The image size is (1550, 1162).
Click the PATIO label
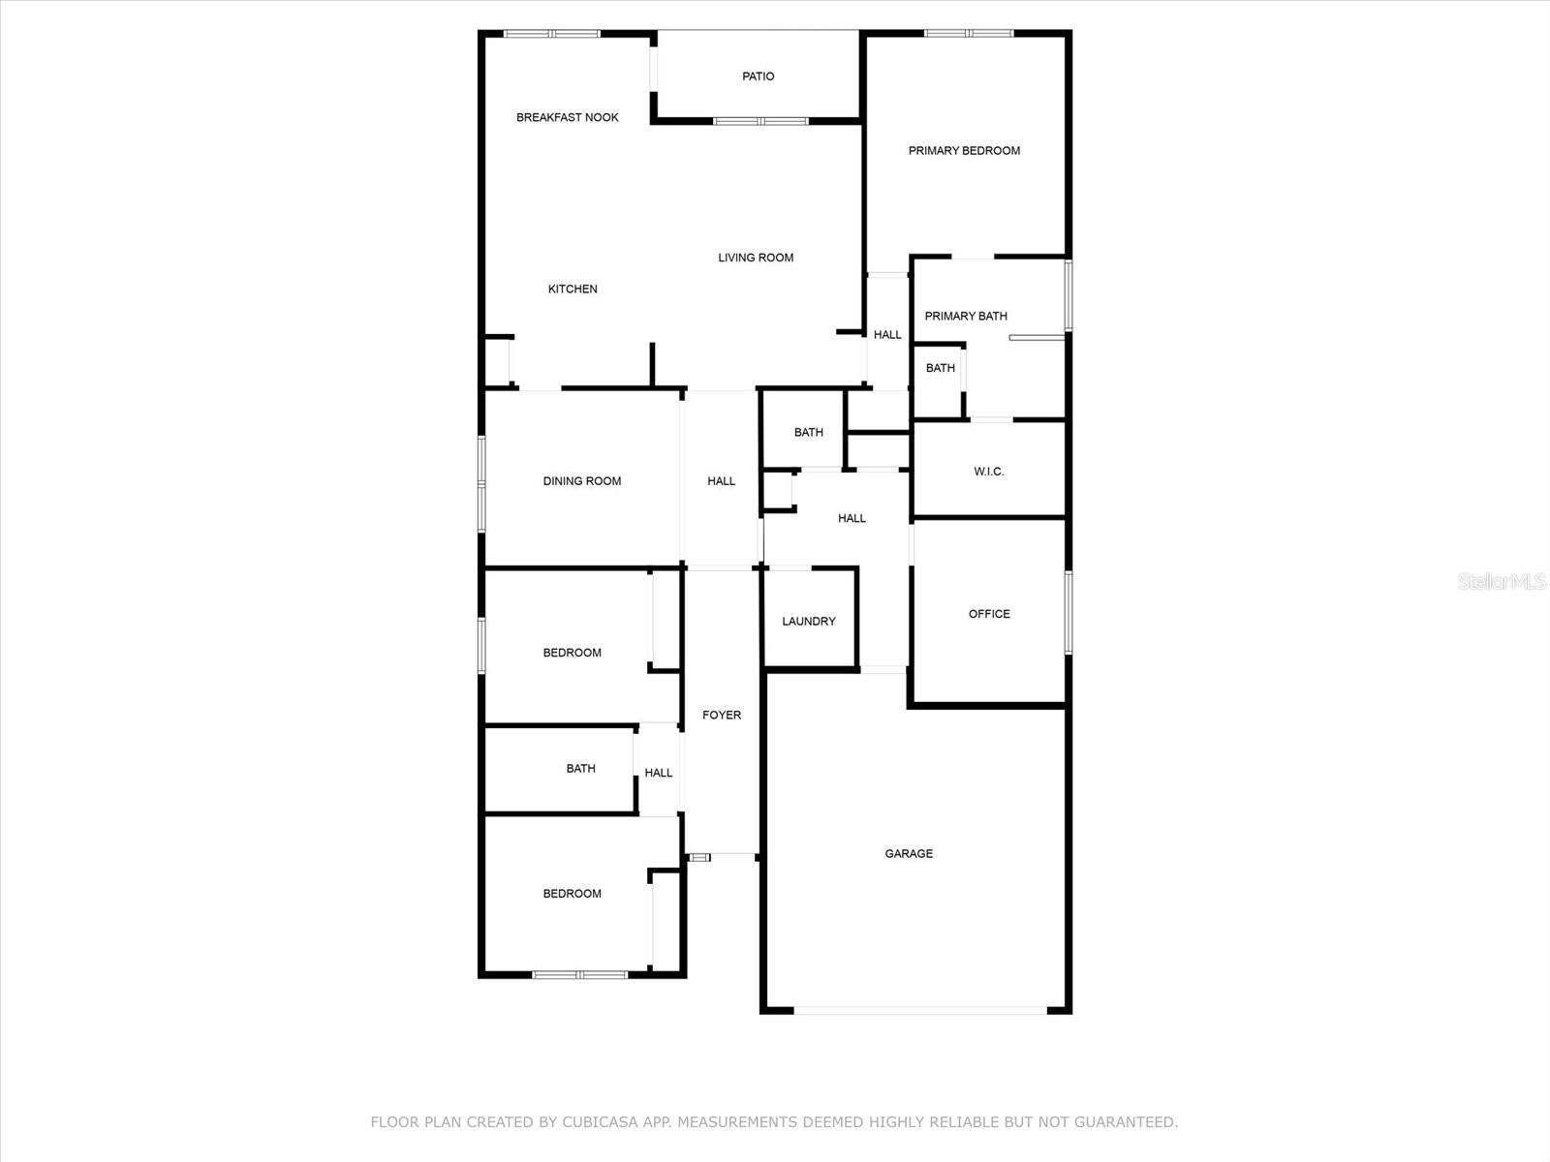coord(758,76)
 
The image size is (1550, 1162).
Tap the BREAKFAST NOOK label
coord(567,117)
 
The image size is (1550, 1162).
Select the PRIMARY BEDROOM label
coord(964,151)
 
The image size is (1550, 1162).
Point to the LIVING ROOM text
coord(756,258)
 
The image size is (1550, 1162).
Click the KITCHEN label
coord(573,289)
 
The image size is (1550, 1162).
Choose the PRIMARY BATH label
coord(966,316)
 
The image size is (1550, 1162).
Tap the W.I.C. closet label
coord(988,472)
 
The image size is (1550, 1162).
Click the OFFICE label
coord(989,614)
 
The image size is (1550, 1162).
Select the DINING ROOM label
coord(581,481)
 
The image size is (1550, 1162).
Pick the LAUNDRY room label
coord(808,622)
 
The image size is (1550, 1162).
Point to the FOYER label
coord(721,716)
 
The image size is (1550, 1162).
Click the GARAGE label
coord(909,854)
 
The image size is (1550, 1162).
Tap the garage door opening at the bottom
coord(920,1011)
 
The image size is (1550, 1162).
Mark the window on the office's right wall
coord(1069,612)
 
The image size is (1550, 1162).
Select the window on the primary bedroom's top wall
coord(968,34)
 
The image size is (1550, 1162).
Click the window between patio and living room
coord(760,121)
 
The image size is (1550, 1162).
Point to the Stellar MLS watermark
coord(1502,581)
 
